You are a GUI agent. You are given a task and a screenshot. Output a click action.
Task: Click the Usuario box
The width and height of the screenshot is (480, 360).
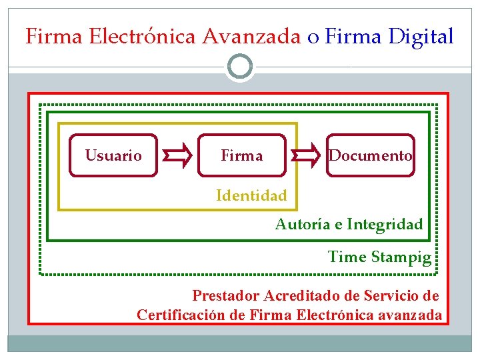113,155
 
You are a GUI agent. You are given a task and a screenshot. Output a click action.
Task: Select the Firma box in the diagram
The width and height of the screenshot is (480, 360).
242,155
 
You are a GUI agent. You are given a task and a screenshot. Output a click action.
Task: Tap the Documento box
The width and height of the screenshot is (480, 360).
371,155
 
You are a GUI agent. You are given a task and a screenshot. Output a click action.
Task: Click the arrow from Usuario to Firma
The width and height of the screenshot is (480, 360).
177,155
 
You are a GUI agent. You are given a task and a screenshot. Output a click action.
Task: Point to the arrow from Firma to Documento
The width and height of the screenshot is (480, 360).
306,155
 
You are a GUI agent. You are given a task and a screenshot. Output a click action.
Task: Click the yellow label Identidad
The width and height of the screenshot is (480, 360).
251,195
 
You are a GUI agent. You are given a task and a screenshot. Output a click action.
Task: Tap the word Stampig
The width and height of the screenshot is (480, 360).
401,257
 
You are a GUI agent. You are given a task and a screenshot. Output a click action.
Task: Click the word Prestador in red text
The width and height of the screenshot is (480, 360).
225,295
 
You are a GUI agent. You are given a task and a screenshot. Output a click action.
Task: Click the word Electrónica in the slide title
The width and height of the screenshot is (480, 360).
142,36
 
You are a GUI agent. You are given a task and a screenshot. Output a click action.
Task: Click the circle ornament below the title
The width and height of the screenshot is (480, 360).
240,67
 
